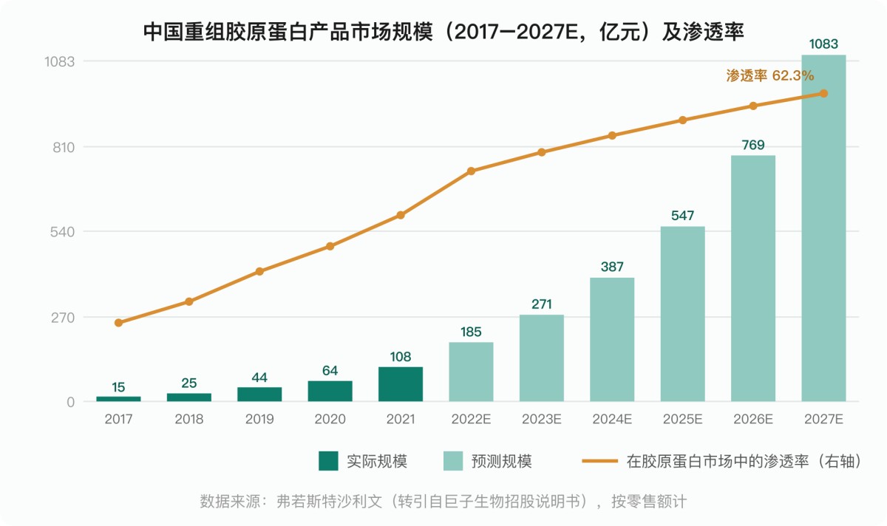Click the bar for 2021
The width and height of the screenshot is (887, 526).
click(x=401, y=384)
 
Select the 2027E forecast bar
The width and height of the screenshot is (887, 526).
click(x=823, y=228)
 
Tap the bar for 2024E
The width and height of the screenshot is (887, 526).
click(x=612, y=339)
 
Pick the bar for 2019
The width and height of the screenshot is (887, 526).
click(x=259, y=394)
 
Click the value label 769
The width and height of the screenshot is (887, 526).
click(x=753, y=146)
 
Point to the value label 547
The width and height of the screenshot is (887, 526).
click(x=683, y=216)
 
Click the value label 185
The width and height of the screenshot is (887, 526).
click(x=471, y=332)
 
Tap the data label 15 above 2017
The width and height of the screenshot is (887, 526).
click(x=118, y=387)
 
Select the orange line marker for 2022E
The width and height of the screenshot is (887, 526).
click(x=471, y=171)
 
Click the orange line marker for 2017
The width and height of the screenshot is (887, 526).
click(x=118, y=323)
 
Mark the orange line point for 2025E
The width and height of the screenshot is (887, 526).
click(x=683, y=120)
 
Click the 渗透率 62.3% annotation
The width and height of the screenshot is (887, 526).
click(x=769, y=75)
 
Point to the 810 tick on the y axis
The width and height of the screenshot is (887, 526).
click(x=64, y=147)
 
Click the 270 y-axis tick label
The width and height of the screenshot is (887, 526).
click(x=63, y=318)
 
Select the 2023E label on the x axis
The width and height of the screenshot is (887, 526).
click(x=541, y=419)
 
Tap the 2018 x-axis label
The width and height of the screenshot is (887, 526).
click(x=189, y=419)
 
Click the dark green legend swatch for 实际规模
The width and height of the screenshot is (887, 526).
click(x=328, y=461)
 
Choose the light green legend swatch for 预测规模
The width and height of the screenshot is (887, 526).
click(x=453, y=461)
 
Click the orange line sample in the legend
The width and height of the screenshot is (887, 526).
click(x=599, y=461)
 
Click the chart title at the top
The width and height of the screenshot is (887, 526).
click(x=443, y=32)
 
